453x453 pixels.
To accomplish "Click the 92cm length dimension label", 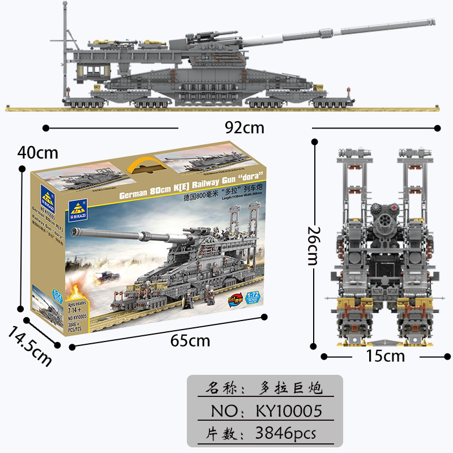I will pyautogui.click(x=245, y=127).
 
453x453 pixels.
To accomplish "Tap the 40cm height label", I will pyautogui.click(x=38, y=152).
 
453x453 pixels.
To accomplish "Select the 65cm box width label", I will pyautogui.click(x=190, y=340).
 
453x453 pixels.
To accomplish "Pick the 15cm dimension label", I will pyautogui.click(x=386, y=356).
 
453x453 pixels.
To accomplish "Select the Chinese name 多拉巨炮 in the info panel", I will pyautogui.click(x=289, y=388).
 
